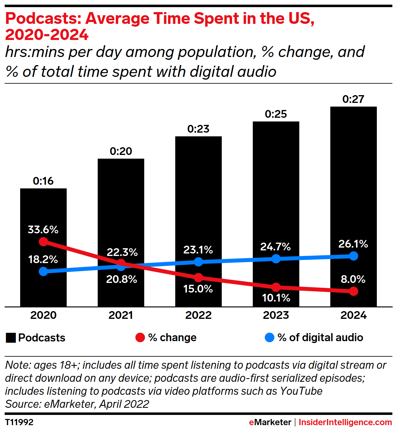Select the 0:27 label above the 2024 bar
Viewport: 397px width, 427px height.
click(x=353, y=99)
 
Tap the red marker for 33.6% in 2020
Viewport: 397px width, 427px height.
click(x=43, y=241)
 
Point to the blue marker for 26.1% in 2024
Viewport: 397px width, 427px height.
click(x=354, y=256)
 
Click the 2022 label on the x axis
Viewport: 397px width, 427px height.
click(x=198, y=315)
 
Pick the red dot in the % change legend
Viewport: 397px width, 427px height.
click(x=140, y=337)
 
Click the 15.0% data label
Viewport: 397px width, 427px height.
click(x=198, y=289)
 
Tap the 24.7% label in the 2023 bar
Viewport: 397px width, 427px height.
click(x=275, y=247)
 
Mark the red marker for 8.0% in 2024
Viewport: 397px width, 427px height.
click(x=354, y=291)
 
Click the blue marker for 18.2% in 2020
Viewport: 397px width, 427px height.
click(x=43, y=271)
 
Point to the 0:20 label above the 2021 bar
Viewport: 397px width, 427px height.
click(x=121, y=151)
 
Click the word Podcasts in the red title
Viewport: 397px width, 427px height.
click(x=43, y=18)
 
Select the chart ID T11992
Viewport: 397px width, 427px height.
click(x=19, y=422)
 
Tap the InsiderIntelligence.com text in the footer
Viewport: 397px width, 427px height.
click(x=345, y=422)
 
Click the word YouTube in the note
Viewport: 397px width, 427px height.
click(x=301, y=391)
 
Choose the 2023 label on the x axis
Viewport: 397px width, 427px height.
click(x=276, y=315)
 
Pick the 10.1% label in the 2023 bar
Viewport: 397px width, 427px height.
click(x=276, y=298)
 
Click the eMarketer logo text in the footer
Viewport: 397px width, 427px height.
click(x=270, y=422)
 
